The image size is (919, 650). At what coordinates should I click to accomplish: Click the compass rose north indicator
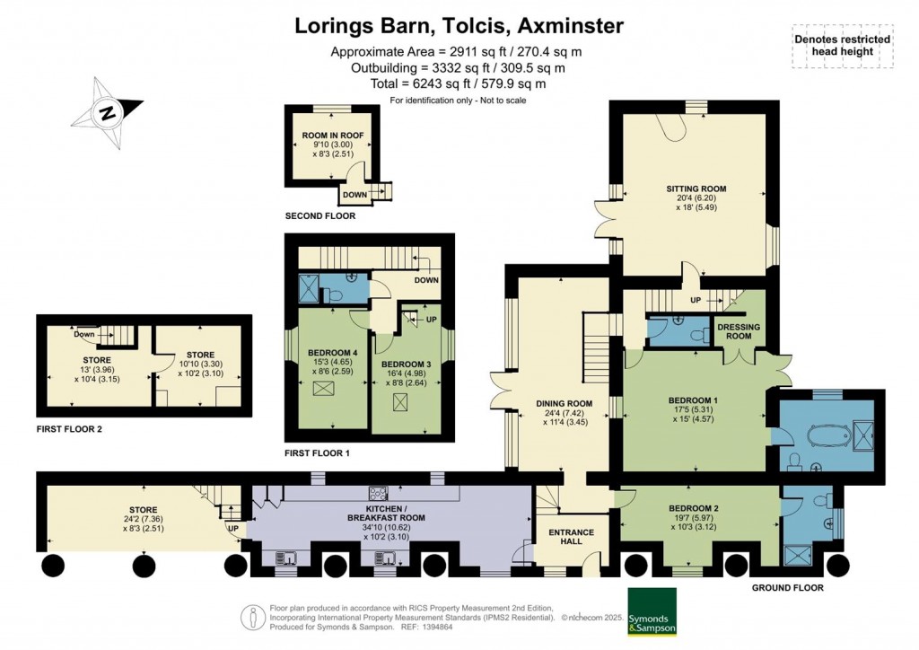pyautogui.click(x=108, y=114)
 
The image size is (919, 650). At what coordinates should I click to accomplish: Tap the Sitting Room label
pyautogui.click(x=696, y=189)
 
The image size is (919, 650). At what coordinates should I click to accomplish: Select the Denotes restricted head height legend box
pyautogui.click(x=842, y=45)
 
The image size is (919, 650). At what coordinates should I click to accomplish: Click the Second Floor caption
pyautogui.click(x=319, y=216)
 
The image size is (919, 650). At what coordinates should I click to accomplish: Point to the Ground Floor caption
pyautogui.click(x=785, y=588)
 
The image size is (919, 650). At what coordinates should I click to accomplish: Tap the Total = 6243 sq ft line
pyautogui.click(x=459, y=83)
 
